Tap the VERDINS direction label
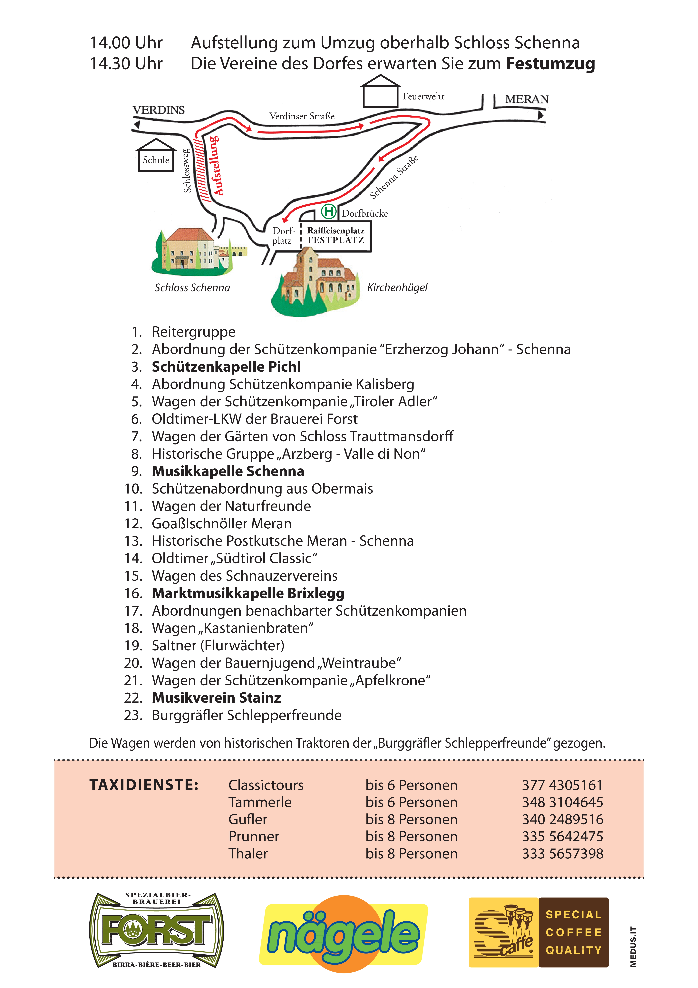(x=158, y=110)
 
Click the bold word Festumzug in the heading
(x=550, y=64)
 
